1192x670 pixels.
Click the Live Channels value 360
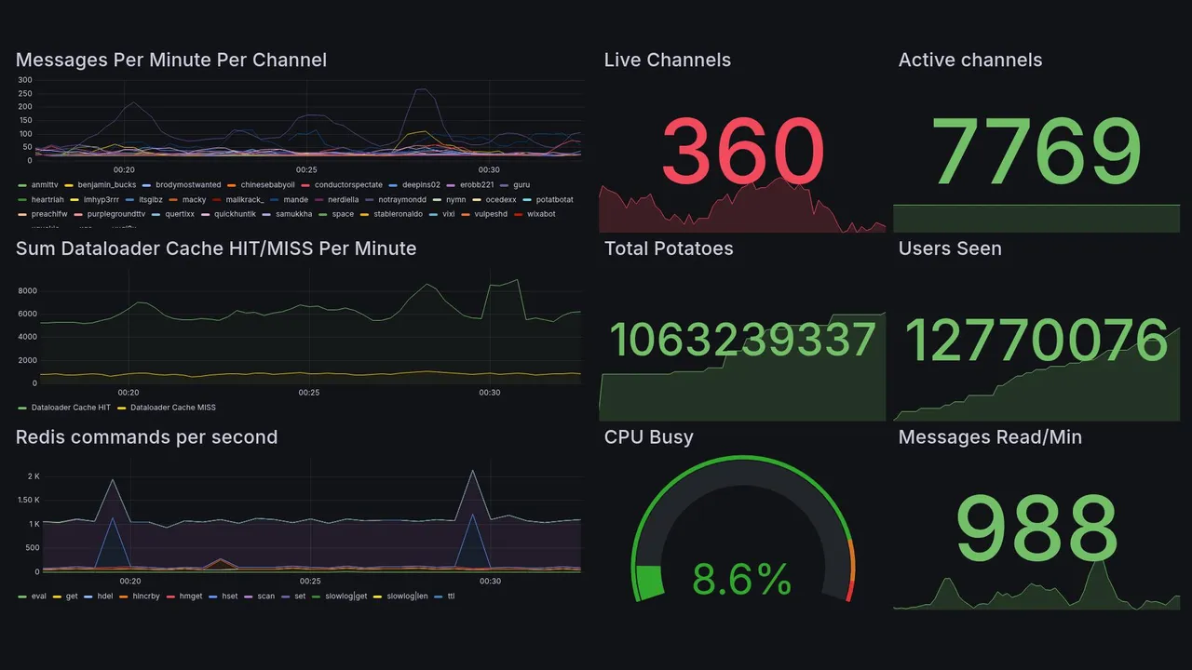tap(742, 152)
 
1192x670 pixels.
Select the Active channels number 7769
tap(1036, 152)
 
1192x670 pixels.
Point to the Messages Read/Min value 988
tap(1036, 528)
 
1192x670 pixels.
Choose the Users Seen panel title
tap(950, 248)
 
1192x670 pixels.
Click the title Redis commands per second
tap(146, 437)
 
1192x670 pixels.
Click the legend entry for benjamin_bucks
tap(106, 185)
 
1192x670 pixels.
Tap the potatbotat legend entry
tap(554, 200)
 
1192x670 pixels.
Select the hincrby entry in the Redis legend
tap(145, 596)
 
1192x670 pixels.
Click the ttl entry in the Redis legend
tap(451, 596)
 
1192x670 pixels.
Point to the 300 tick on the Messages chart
tap(25, 80)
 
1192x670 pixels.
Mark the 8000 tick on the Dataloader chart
tap(27, 291)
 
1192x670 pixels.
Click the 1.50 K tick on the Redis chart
tap(28, 501)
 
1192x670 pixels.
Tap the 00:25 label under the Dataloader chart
tap(309, 393)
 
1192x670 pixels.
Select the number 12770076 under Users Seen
tap(1036, 340)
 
